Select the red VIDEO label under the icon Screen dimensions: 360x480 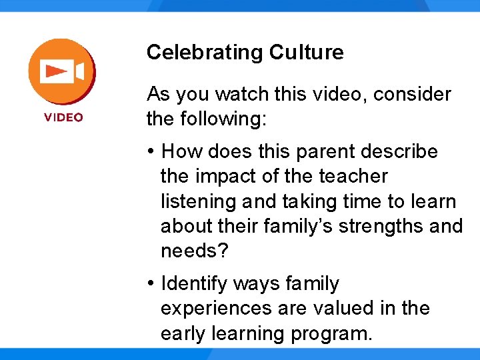click(64, 117)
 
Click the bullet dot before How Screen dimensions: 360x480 click(152, 152)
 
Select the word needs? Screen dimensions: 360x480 click(194, 251)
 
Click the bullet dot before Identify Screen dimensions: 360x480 click(152, 284)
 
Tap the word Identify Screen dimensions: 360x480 click(194, 284)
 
